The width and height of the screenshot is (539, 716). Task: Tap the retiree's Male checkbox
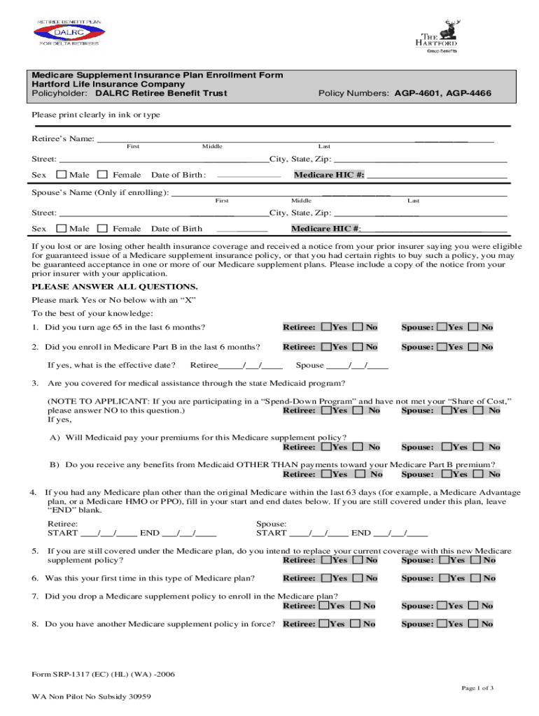coord(62,175)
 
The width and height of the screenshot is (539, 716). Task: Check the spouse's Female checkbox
coord(103,229)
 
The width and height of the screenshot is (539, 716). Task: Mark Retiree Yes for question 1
coord(325,327)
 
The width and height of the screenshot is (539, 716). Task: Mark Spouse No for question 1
coord(474,327)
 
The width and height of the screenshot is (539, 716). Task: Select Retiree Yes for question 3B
coord(325,474)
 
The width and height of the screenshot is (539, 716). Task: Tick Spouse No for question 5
coord(476,559)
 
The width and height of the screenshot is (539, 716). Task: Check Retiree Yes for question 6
coord(325,578)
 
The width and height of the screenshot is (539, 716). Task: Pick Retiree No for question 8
coord(356,624)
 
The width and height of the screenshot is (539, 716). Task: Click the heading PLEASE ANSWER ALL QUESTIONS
coord(115,287)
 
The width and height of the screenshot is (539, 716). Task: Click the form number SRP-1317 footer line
coord(103,675)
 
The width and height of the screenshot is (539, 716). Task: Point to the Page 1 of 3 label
coord(477,688)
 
